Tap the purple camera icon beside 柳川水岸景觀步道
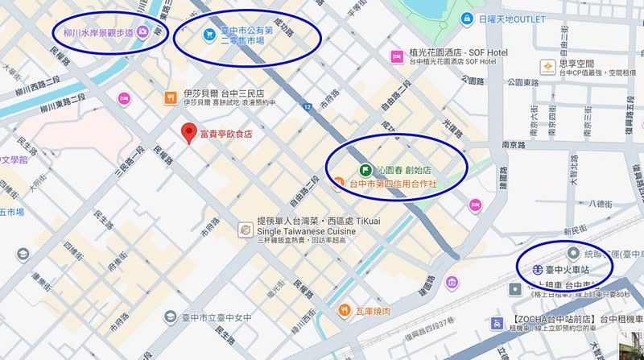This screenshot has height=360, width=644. (142, 31)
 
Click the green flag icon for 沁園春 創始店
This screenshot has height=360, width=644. (365, 170)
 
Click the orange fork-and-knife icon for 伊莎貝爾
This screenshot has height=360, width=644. (170, 97)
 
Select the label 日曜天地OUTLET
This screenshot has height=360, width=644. (511, 19)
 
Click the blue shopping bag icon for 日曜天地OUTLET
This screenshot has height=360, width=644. (466, 19)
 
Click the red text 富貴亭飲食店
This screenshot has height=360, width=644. (225, 134)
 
